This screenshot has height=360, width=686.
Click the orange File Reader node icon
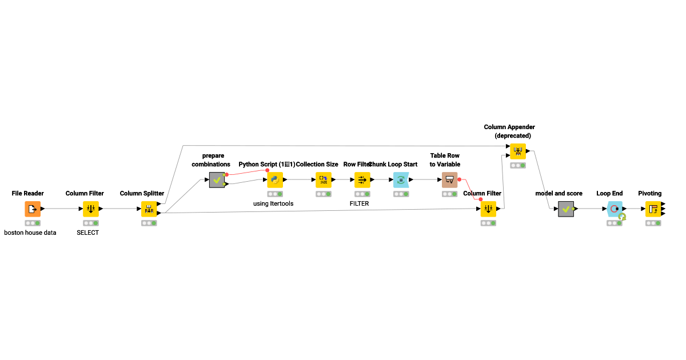click(x=33, y=209)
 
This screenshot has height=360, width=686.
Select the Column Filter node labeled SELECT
click(x=91, y=209)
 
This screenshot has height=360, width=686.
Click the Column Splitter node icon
click(x=149, y=209)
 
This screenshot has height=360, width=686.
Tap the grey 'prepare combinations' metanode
click(x=217, y=180)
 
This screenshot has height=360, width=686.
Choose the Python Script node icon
click(x=275, y=180)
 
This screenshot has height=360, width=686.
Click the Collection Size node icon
click(x=324, y=180)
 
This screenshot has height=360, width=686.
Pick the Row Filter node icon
click(x=362, y=180)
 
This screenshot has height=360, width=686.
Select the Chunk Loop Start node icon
click(x=401, y=180)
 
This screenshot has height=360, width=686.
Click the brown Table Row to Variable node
click(x=450, y=180)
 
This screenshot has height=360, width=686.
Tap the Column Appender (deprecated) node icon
click(x=518, y=151)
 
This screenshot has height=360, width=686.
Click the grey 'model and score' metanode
click(x=566, y=209)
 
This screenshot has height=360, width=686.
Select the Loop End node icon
click(x=615, y=209)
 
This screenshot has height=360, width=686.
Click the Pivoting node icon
click(x=653, y=209)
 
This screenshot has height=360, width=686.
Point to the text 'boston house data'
click(x=30, y=233)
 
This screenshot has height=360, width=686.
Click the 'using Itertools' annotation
click(x=273, y=203)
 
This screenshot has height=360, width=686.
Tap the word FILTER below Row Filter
click(x=359, y=203)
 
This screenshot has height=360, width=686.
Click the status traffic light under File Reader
click(x=33, y=223)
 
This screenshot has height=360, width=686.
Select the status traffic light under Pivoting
click(x=653, y=223)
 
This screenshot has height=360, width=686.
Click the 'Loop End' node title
click(x=609, y=194)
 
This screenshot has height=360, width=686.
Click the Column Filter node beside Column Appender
click(x=488, y=209)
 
